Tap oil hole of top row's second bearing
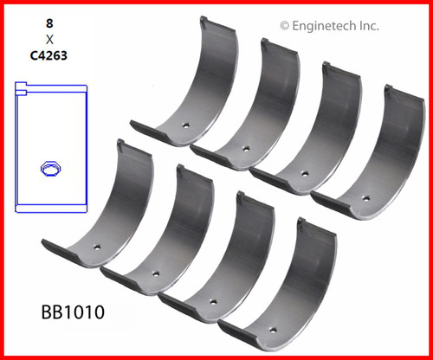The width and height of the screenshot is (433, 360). tap(246, 148)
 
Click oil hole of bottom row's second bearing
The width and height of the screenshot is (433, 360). tap(155, 274)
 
